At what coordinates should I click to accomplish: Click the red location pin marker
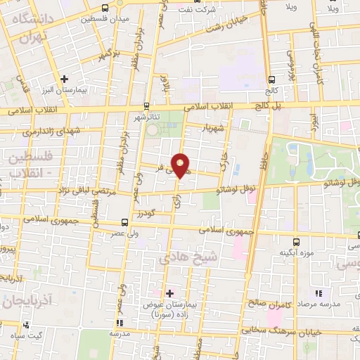[x=181, y=165]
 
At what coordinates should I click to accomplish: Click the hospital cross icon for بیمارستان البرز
[x=64, y=79]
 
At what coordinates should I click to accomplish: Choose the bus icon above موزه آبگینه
[x=296, y=240]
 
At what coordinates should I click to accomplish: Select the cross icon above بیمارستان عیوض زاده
[x=169, y=292]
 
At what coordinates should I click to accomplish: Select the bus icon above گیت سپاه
[x=26, y=325]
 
